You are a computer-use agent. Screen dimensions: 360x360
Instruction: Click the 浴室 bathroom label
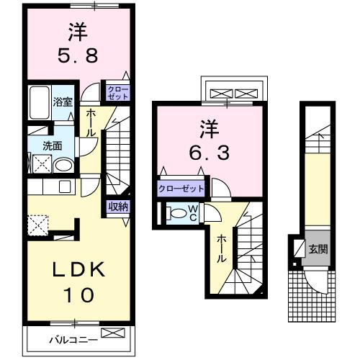pyautogui.click(x=63, y=101)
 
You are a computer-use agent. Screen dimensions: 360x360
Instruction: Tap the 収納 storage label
pyautogui.click(x=118, y=207)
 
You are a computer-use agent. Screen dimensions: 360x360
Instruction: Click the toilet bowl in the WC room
pyautogui.click(x=176, y=213)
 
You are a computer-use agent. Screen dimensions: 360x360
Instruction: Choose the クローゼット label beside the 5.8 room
pyautogui.click(x=117, y=91)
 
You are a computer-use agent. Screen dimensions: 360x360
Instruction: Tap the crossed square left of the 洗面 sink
pyautogui.click(x=40, y=164)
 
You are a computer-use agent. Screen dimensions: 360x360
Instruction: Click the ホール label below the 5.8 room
pyautogui.click(x=92, y=123)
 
